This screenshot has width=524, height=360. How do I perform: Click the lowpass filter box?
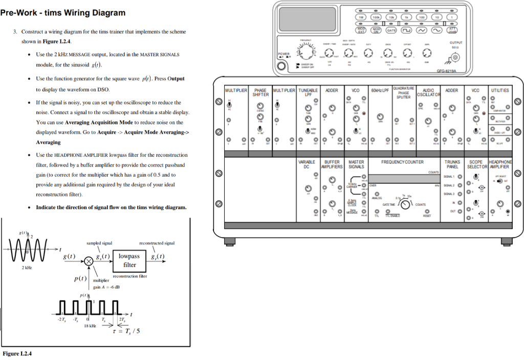(129, 260)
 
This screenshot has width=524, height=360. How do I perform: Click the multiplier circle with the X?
(89, 261)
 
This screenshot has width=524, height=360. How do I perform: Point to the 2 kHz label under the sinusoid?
(27, 268)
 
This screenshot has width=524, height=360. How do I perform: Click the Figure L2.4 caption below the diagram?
(17, 353)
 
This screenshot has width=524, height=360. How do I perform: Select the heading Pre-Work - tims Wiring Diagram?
(62, 13)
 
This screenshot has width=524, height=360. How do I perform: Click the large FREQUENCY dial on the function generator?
(307, 53)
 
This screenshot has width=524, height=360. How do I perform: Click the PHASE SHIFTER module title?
(260, 92)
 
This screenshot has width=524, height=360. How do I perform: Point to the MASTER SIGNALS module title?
(356, 164)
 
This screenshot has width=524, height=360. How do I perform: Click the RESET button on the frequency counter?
(427, 211)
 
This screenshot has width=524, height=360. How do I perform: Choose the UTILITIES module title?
(499, 90)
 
